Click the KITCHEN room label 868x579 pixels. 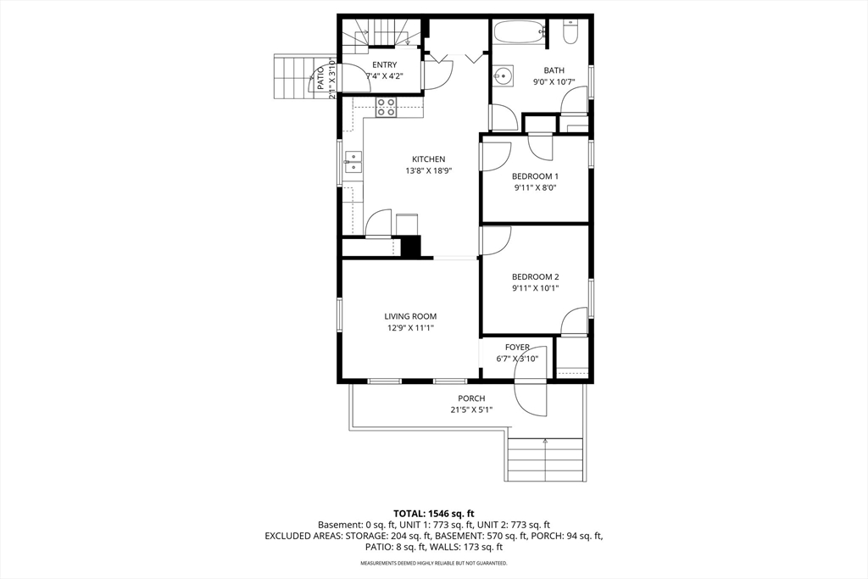coord(428,159)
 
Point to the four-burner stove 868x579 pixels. coord(387,107)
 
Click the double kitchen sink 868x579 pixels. coord(353,162)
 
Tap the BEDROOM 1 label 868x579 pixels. coord(535,176)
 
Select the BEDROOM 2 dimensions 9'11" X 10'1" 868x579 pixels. coord(536,288)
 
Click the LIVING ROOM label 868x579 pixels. coord(410,316)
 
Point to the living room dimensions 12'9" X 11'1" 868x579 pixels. coord(410,328)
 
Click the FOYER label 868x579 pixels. coord(517,347)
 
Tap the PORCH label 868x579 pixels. coord(471,398)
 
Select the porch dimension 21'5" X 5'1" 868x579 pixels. coord(471,409)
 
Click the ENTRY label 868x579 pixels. coord(384,64)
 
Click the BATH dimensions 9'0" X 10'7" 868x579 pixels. coord(554,82)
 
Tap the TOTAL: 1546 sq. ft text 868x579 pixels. coord(433,513)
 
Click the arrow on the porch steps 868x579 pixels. coord(545,442)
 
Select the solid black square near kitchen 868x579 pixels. coord(411,247)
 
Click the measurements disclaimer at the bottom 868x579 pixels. coord(433,564)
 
